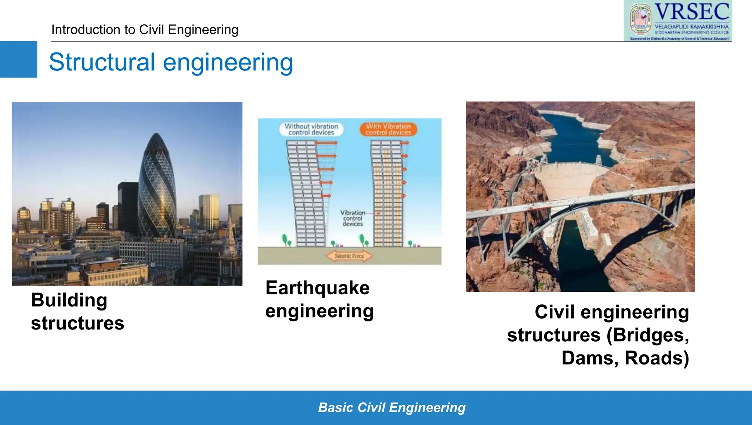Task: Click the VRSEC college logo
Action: (677, 21)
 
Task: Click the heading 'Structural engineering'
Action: (171, 62)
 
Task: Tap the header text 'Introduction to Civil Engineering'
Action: (145, 30)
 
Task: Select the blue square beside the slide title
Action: (18, 59)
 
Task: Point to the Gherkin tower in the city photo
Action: (157, 187)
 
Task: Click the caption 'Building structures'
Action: (77, 312)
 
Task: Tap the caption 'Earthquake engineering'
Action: (319, 299)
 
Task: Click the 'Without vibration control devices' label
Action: (311, 129)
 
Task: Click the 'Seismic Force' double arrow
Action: (349, 256)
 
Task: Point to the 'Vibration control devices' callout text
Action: (352, 218)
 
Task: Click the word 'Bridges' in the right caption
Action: (648, 335)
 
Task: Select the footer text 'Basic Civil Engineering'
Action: (391, 408)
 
